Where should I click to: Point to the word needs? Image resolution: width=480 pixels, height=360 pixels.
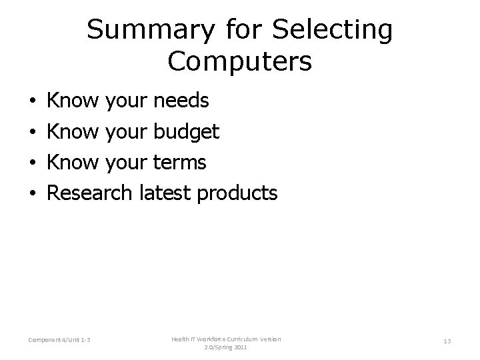(x=181, y=102)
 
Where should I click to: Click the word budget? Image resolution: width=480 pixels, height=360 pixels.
(x=186, y=132)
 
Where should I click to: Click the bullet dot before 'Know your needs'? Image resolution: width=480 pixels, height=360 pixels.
(x=33, y=103)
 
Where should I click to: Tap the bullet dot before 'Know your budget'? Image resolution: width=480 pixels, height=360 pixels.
(x=33, y=133)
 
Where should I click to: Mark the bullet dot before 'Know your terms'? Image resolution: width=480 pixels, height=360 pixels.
(x=33, y=163)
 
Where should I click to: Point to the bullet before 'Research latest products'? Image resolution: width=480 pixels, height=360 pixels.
(x=33, y=193)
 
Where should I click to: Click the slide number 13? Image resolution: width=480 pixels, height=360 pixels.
(x=447, y=341)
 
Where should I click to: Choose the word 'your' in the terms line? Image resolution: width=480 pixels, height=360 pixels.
(x=127, y=162)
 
